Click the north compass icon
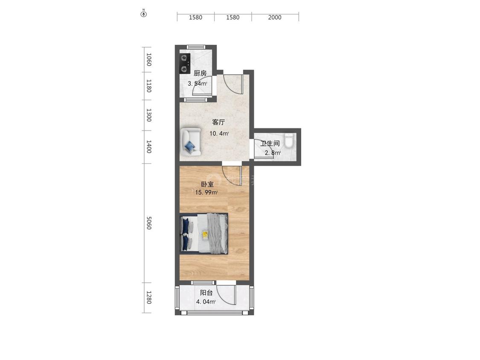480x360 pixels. (x=143, y=14)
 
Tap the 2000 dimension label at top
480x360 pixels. (x=275, y=17)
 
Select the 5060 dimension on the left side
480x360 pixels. (x=149, y=223)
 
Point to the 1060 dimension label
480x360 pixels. (x=149, y=59)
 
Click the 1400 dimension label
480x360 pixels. (x=149, y=147)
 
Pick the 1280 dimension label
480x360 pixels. (x=149, y=298)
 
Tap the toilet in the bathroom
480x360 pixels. (x=289, y=140)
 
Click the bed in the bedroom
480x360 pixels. (x=204, y=233)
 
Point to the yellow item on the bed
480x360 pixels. (x=205, y=235)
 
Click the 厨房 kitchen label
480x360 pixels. (x=200, y=73)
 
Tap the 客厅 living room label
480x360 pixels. (x=218, y=122)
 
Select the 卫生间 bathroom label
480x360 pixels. (x=270, y=143)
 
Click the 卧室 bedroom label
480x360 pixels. (x=207, y=184)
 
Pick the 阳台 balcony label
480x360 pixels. (x=207, y=293)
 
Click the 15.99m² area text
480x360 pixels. (x=207, y=192)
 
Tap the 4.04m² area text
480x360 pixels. (x=206, y=302)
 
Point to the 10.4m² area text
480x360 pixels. (x=219, y=134)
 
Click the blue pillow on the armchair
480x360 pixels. (x=190, y=146)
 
